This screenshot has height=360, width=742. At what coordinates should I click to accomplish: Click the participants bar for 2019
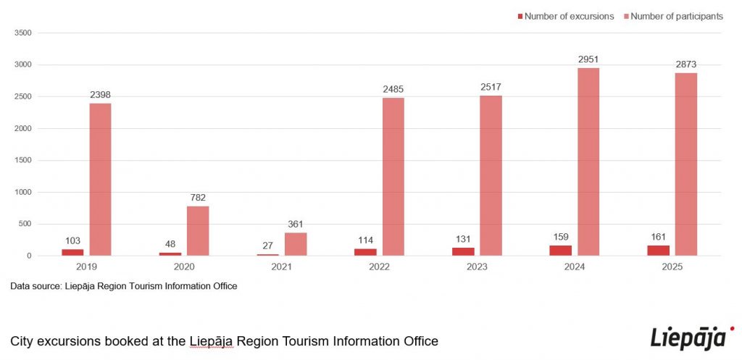(101, 179)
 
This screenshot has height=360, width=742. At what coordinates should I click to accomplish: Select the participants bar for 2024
(588, 162)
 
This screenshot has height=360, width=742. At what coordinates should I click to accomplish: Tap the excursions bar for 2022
(365, 252)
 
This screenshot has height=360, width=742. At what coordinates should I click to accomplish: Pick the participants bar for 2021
(296, 244)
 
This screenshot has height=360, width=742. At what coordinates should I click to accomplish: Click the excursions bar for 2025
(659, 251)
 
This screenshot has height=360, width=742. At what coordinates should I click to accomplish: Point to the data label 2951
(588, 59)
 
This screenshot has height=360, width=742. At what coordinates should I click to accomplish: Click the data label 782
(198, 198)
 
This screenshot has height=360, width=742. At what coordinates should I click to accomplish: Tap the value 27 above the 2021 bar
(268, 246)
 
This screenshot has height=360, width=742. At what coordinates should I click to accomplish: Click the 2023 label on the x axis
(477, 267)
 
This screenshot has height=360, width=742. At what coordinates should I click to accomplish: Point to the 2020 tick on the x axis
(184, 267)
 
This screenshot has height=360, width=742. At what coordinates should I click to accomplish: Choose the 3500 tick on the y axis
(23, 33)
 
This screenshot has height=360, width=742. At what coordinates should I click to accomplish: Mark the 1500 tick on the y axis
(23, 160)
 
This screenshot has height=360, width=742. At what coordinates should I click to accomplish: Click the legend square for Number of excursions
(520, 17)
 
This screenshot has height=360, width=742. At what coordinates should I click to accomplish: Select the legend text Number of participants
(677, 17)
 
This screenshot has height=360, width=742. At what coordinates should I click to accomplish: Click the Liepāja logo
(688, 338)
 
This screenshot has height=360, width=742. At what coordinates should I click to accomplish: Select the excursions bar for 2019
(72, 252)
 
